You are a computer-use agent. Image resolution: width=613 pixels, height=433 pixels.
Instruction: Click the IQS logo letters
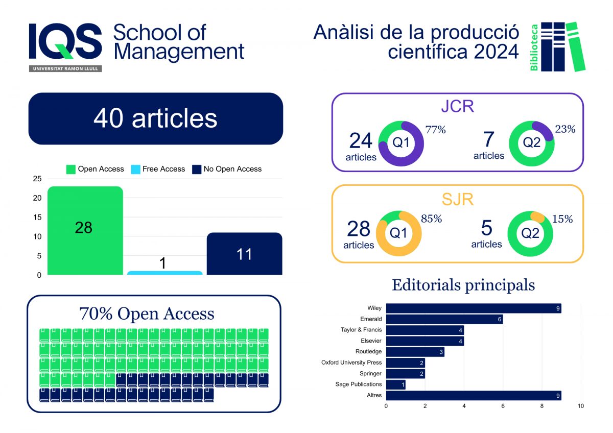(65, 42)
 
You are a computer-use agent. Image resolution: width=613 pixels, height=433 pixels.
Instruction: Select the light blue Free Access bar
(164, 273)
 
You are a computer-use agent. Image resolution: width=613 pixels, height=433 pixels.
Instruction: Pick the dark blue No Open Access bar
(244, 254)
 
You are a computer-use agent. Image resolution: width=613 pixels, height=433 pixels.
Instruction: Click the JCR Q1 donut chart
(401, 143)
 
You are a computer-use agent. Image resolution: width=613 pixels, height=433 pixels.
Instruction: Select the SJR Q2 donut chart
(531, 234)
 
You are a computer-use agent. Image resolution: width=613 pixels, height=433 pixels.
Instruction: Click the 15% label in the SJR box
(562, 219)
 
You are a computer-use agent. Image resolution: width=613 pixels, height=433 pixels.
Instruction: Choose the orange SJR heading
(457, 199)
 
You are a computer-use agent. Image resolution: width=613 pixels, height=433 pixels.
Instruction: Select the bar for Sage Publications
(395, 384)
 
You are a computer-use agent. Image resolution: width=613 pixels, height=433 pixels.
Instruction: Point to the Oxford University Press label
(351, 363)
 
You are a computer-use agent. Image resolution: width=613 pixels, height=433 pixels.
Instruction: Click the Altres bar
(474, 395)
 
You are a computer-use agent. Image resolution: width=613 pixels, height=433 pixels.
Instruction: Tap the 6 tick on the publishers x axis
(503, 406)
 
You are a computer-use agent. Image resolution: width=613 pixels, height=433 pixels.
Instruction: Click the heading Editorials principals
(463, 285)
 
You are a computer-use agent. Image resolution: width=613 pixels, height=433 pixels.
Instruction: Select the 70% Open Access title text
(147, 314)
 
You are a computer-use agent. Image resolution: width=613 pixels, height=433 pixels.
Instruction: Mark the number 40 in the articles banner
(109, 118)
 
